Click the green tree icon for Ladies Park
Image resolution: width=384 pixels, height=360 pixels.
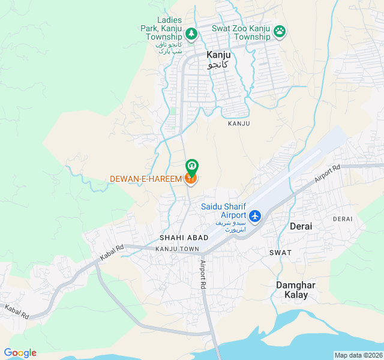191,33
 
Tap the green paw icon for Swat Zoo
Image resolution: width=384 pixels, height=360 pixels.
279,31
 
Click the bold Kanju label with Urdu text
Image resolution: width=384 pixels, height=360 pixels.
218,59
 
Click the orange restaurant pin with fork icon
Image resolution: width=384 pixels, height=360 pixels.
191,178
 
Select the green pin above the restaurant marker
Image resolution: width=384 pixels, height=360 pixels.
191,164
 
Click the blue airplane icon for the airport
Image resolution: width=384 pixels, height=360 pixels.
255,215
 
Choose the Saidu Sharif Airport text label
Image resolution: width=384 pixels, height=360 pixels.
224,211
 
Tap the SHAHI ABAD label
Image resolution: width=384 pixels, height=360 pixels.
184,238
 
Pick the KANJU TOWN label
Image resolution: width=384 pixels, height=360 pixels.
176,248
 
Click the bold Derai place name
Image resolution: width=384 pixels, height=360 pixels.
301,226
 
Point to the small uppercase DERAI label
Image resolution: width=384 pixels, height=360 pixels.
343,219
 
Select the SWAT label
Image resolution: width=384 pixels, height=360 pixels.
280,253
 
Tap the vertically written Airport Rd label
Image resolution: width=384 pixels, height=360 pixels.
203,275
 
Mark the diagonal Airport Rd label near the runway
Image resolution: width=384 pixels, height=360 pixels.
327,174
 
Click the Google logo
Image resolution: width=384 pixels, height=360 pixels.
20,353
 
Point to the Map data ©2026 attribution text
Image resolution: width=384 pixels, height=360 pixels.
357,355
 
